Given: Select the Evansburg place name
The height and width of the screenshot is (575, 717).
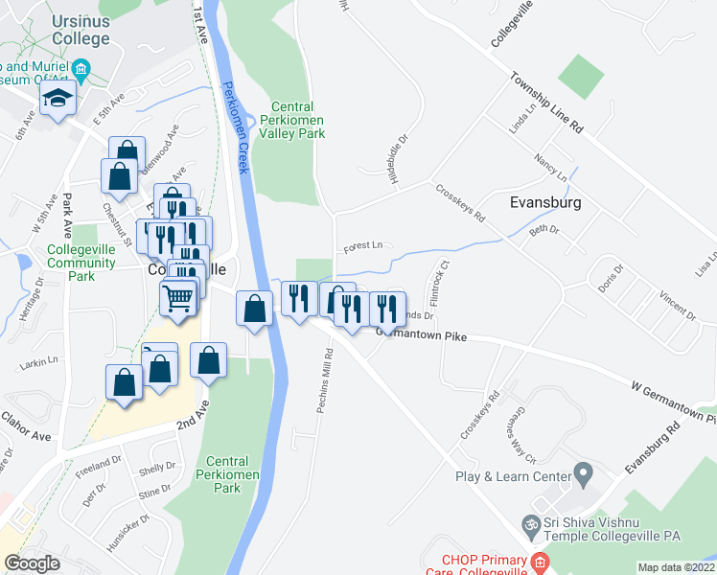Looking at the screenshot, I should (546, 203).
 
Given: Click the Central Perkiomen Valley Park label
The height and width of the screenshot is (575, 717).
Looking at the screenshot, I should (298, 120).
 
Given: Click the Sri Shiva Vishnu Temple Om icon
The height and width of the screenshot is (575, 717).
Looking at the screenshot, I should (527, 525).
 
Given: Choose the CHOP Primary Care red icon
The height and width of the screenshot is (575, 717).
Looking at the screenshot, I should (542, 562).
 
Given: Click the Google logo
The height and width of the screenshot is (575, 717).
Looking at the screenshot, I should (32, 563).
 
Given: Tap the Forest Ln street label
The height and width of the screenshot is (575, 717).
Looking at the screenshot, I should (363, 244).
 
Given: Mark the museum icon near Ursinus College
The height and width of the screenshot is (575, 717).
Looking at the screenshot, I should (81, 68).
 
